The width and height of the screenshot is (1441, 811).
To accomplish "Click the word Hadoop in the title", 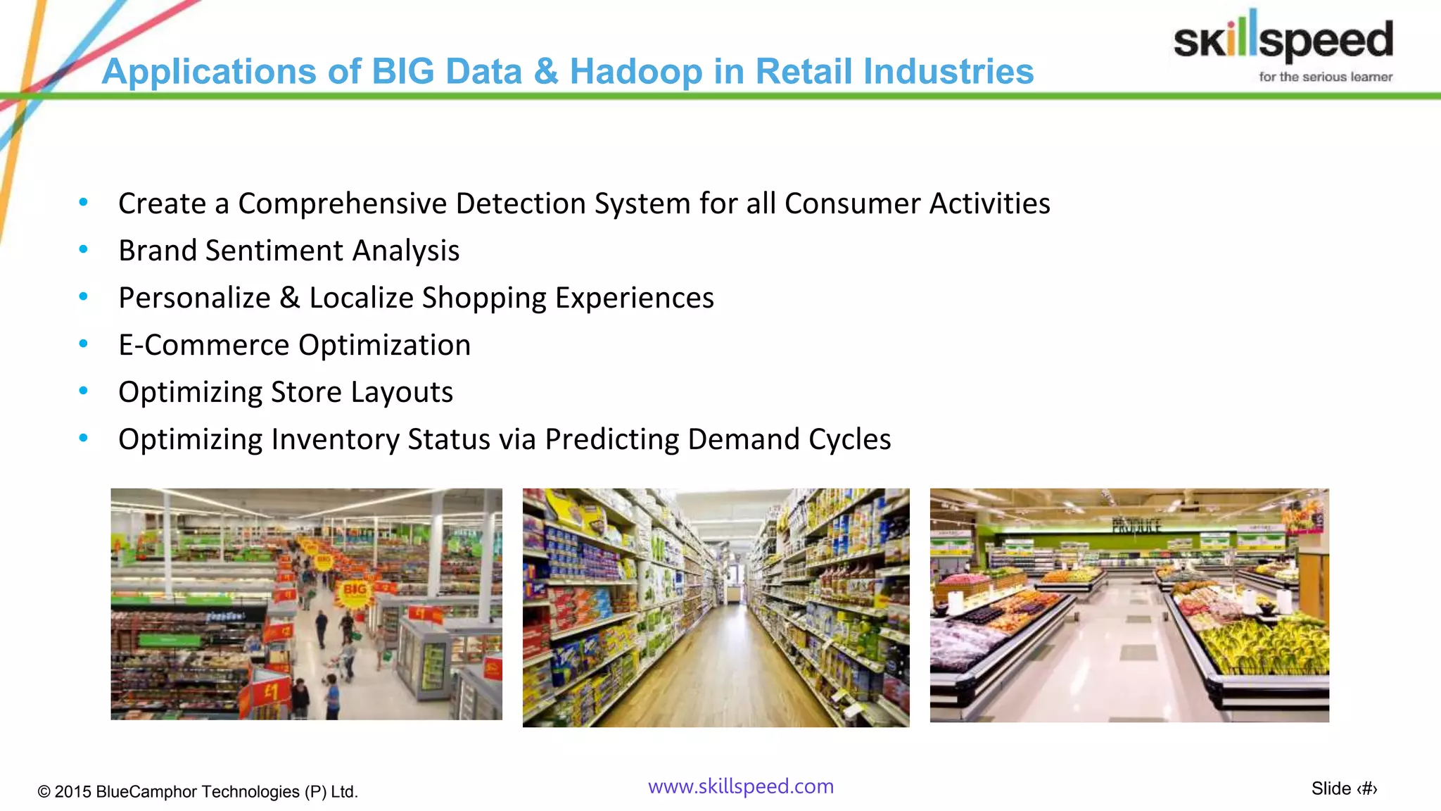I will click(x=635, y=72).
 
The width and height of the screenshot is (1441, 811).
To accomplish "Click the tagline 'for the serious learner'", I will click(x=1325, y=77).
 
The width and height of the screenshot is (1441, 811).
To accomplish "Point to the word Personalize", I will click(x=194, y=298).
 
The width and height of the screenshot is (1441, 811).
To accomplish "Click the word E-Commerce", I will click(x=203, y=345).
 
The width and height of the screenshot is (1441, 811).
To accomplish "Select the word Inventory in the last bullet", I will click(x=335, y=439).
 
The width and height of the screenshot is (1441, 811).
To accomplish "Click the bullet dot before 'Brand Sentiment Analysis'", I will click(x=84, y=249).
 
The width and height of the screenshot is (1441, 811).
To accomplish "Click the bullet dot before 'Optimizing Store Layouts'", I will click(x=84, y=391).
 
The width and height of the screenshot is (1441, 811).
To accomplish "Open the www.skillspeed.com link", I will click(x=740, y=786).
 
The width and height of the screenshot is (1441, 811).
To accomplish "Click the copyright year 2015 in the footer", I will click(x=73, y=792).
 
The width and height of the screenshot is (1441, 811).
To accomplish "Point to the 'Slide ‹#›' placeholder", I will click(x=1343, y=789).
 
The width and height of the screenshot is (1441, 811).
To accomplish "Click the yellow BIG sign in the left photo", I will click(x=354, y=590).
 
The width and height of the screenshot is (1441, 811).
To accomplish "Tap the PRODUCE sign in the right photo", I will click(x=1136, y=525).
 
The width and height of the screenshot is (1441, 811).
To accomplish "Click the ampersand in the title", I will click(x=545, y=72).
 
